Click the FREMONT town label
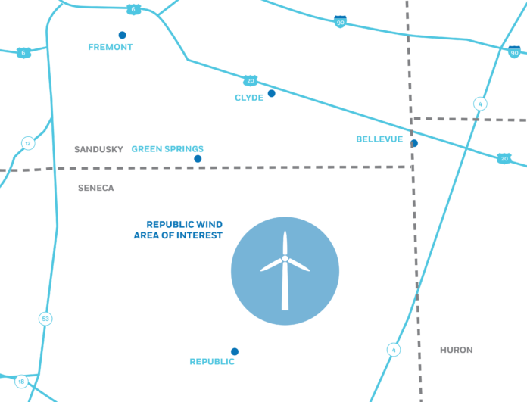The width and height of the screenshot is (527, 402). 111,47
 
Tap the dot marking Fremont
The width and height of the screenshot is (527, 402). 123,35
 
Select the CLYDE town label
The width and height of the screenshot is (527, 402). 249,98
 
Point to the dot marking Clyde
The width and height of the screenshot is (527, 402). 272,93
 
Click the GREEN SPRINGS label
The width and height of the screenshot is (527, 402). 167,149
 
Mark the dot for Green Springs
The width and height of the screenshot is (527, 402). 198,159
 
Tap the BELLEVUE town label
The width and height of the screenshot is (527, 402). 379,139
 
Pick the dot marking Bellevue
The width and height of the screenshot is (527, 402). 414,144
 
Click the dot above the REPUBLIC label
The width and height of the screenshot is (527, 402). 235,351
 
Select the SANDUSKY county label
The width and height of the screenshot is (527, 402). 98,149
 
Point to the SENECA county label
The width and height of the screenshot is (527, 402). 96,188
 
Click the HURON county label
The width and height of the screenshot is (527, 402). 457,350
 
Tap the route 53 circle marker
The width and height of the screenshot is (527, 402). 45,319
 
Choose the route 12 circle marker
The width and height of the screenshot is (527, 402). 28,144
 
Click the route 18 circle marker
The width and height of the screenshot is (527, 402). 21,382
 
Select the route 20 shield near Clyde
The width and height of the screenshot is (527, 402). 251,81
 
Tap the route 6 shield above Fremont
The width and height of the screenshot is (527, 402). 133,9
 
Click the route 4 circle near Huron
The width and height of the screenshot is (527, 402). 394,350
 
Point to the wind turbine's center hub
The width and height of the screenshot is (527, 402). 285,258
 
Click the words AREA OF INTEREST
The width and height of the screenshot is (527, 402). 178,235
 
